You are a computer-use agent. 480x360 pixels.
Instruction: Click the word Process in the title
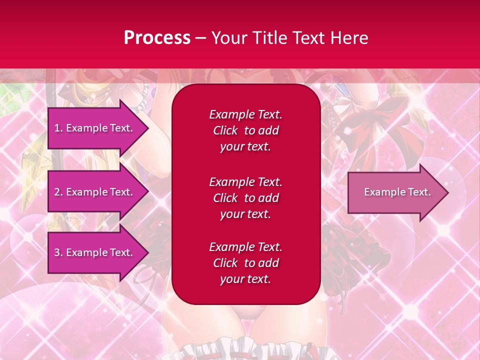tap(157, 38)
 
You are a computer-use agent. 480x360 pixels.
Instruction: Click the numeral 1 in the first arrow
tap(56, 128)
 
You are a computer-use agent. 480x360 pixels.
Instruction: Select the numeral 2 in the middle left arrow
tap(57, 192)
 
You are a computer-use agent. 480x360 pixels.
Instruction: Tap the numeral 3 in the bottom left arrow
tap(57, 252)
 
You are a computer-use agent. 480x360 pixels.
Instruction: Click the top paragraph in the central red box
tap(245, 130)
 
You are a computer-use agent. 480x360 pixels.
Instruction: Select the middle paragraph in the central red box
tap(245, 198)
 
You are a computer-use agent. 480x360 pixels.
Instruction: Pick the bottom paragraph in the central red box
tap(245, 263)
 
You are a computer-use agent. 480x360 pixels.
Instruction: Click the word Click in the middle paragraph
tap(225, 198)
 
